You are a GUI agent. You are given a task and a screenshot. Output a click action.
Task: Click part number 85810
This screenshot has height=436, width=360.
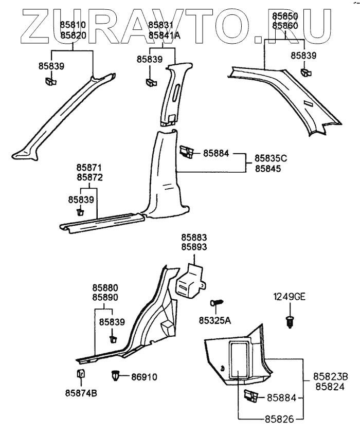[73, 25]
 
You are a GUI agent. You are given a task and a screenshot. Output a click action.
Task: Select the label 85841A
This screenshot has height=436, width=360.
[165, 35]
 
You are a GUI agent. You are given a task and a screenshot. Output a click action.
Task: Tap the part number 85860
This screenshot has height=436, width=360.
[285, 26]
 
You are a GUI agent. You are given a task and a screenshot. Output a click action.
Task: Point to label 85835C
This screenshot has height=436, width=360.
[271, 158]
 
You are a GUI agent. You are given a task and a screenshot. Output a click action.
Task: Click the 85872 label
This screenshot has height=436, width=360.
[90, 177]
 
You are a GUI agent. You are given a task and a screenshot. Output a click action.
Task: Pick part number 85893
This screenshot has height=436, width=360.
[194, 247]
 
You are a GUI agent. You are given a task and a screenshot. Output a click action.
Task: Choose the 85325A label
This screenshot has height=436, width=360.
[215, 321]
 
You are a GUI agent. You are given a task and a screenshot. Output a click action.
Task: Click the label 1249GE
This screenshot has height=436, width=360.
[290, 297]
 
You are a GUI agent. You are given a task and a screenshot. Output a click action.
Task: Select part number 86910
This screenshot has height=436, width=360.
[144, 377]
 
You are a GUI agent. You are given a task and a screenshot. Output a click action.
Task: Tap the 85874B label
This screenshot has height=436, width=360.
[81, 393]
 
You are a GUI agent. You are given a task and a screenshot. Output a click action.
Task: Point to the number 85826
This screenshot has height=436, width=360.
[279, 419]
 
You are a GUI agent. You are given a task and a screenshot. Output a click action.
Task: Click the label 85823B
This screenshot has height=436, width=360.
[331, 377]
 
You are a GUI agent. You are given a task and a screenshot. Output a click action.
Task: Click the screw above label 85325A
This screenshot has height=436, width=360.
[217, 302]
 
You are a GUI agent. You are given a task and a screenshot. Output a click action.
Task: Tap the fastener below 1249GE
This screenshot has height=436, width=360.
[290, 322]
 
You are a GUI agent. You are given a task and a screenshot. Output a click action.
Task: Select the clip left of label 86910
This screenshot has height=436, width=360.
[115, 376]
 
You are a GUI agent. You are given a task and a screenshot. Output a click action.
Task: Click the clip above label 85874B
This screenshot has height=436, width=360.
[81, 373]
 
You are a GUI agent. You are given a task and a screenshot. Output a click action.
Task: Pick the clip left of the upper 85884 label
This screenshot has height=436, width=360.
[186, 152]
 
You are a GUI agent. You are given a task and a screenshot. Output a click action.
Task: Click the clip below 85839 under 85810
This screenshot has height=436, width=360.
[50, 81]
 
